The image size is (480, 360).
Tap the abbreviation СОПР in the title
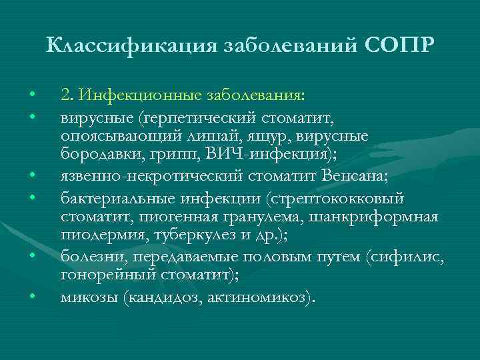[400, 45]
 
